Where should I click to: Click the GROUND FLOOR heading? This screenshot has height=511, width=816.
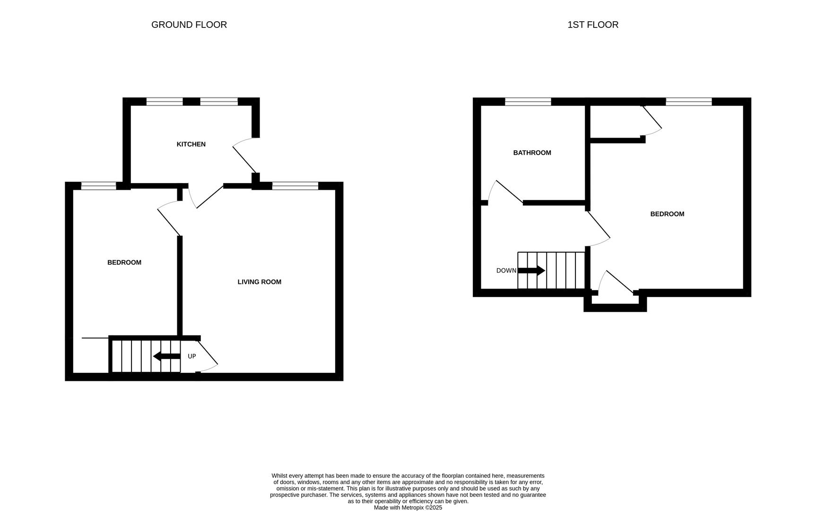click(x=189, y=25)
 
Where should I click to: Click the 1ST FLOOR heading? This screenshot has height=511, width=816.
click(x=592, y=25)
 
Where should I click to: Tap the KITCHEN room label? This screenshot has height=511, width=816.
click(x=191, y=144)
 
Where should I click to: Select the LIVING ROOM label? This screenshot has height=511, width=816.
click(x=259, y=282)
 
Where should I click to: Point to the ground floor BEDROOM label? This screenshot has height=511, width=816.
click(x=124, y=263)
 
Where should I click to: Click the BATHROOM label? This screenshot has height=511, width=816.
click(x=532, y=153)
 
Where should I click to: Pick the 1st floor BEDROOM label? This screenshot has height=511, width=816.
click(x=667, y=214)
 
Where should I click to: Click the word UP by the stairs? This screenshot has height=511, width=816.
click(x=191, y=356)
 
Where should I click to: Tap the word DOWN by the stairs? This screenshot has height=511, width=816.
click(x=506, y=271)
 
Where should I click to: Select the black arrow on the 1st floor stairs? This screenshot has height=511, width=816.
click(x=531, y=271)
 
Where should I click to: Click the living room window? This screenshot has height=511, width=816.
click(x=295, y=186)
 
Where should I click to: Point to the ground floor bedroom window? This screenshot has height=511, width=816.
click(x=98, y=186)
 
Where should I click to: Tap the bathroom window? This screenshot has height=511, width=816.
click(x=528, y=102)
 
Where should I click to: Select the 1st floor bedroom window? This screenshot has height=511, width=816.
click(x=688, y=102)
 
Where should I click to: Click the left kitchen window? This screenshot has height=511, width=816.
click(x=164, y=102)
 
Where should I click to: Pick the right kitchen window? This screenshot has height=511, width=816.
click(x=218, y=102)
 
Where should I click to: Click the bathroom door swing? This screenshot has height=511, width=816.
click(x=504, y=192)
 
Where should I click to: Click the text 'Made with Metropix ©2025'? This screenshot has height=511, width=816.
click(x=408, y=508)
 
